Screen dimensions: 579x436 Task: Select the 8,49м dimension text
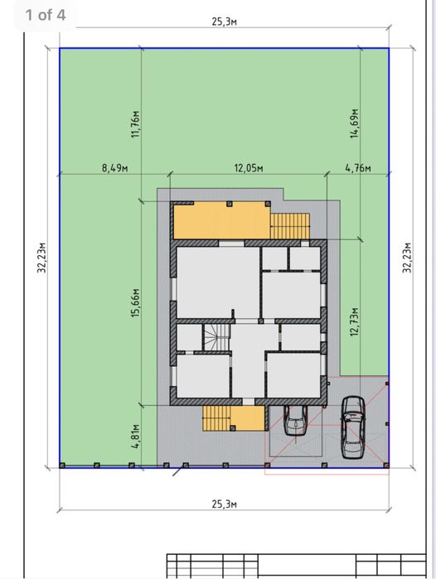click(x=114, y=167)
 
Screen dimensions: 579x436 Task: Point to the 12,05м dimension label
click(x=248, y=167)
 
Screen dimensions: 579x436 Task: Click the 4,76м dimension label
click(x=358, y=167)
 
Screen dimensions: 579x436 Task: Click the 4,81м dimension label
click(x=136, y=435)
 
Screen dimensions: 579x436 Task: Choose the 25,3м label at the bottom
click(x=225, y=504)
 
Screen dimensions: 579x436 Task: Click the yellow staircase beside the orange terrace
click(x=291, y=225)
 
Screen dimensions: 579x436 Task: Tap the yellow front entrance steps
click(x=220, y=418)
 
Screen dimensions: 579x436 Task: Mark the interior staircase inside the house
click(x=218, y=336)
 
